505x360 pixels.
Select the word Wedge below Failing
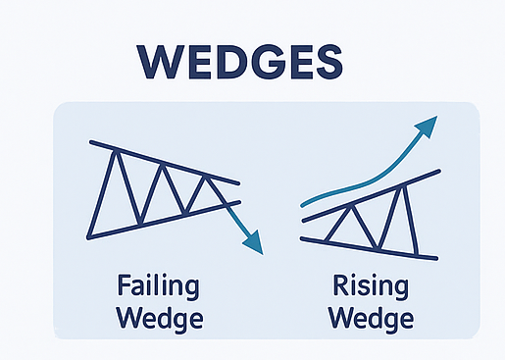157,319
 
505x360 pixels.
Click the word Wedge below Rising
371,319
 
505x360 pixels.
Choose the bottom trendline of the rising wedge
373,248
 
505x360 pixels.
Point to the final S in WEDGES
328,60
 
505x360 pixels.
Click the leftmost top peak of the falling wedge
116,150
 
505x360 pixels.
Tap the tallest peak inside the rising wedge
403,186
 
